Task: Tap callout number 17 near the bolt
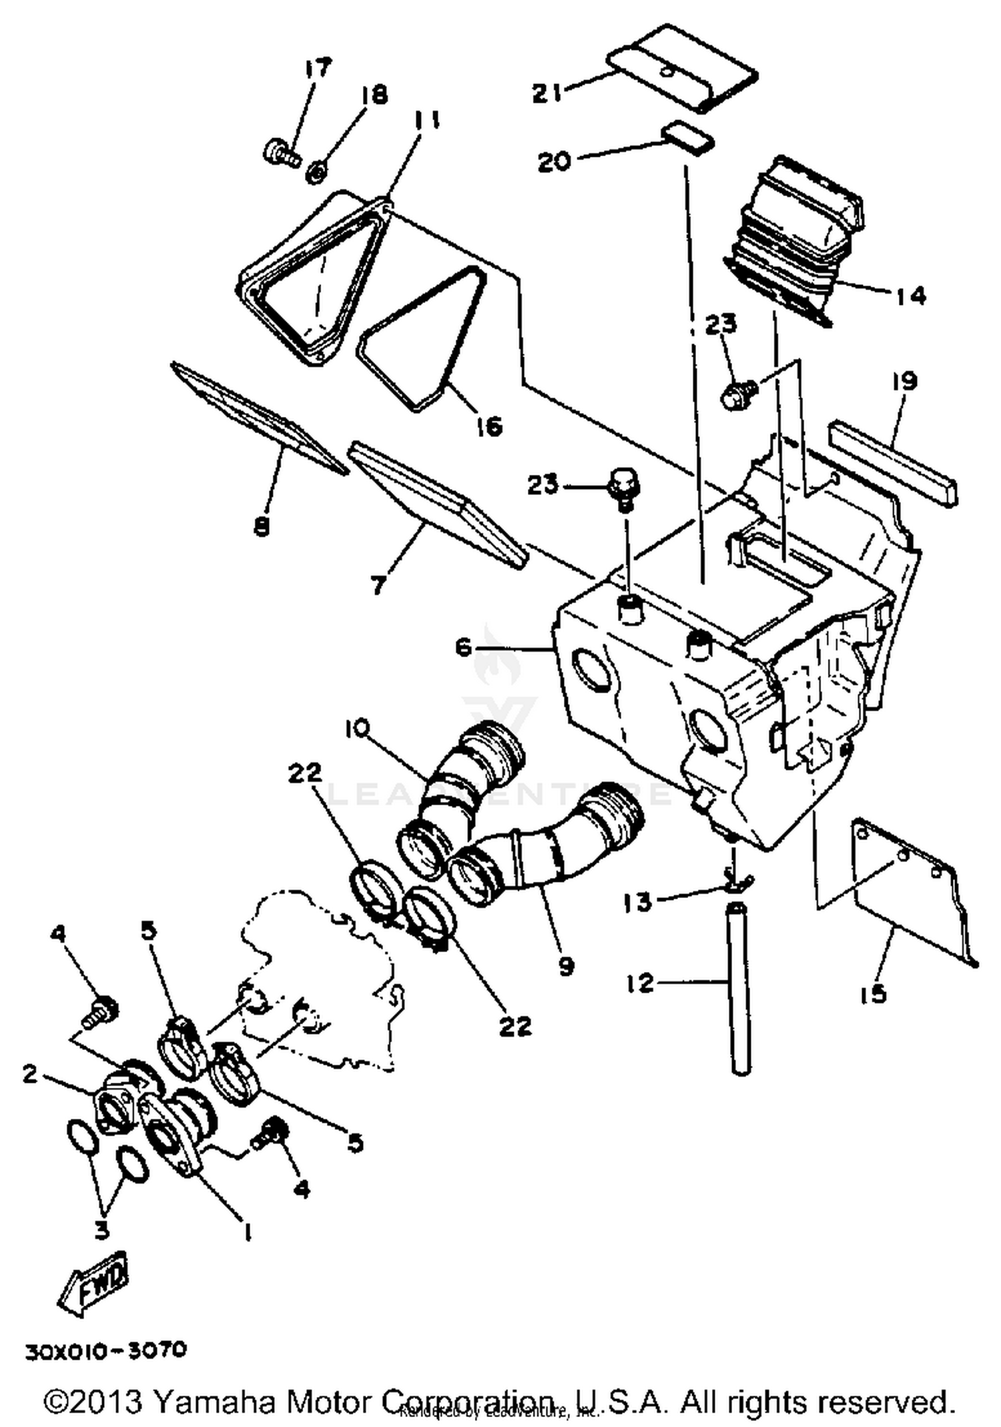tap(317, 68)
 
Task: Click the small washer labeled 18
tap(317, 172)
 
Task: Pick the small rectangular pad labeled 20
tap(688, 137)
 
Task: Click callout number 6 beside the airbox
tap(464, 647)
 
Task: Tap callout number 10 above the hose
tap(357, 729)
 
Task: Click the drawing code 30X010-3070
tap(107, 1351)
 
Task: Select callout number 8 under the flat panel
tap(262, 526)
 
